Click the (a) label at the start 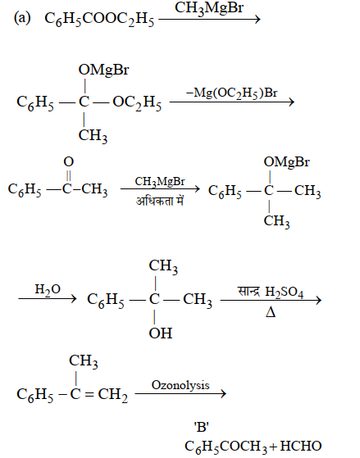click(22, 18)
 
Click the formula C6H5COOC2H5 click(99, 20)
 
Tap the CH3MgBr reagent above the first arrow click(209, 8)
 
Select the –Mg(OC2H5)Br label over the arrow click(231, 93)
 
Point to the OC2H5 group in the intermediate click(137, 102)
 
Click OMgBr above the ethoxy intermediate click(103, 70)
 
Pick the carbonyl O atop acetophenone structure click(68, 161)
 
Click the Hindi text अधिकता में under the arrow click(160, 201)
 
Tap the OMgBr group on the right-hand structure click(286, 162)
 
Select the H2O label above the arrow click(48, 289)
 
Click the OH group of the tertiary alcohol click(160, 333)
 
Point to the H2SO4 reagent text click(284, 292)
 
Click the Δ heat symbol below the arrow click(271, 313)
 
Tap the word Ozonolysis click(180, 385)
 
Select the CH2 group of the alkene click(113, 395)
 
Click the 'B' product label click(202, 428)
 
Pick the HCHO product click(301, 446)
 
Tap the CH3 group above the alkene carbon click(84, 361)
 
